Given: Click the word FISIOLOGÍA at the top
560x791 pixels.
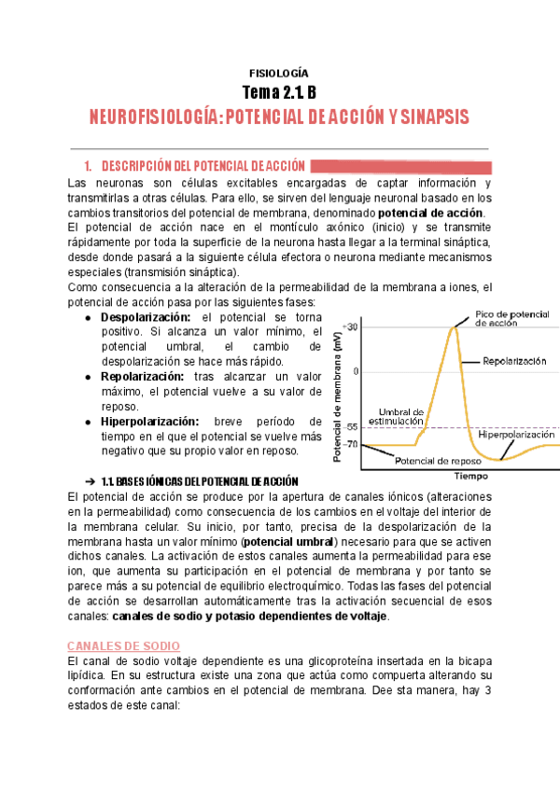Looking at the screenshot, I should [x=280, y=72].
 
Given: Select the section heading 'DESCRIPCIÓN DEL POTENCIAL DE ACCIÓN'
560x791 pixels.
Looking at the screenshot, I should [x=195, y=165].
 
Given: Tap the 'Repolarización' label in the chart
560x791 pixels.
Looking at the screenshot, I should [x=514, y=360].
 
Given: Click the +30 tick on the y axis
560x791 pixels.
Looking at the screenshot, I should [x=350, y=327].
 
